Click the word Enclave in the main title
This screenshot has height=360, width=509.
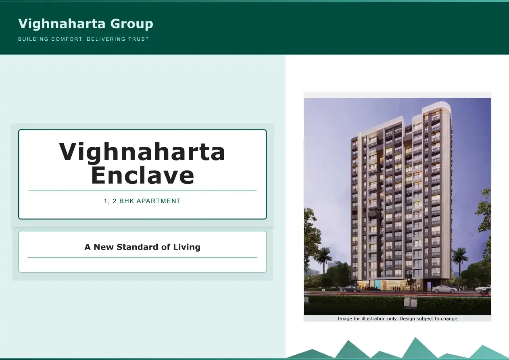(142, 175)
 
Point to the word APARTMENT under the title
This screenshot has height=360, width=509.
(159, 201)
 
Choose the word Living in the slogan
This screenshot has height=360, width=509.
(187, 247)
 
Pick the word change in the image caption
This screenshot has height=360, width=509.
(449, 318)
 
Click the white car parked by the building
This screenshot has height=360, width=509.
(444, 289)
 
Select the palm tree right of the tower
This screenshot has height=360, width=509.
(460, 258)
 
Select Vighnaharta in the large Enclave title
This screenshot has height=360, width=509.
(142, 152)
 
